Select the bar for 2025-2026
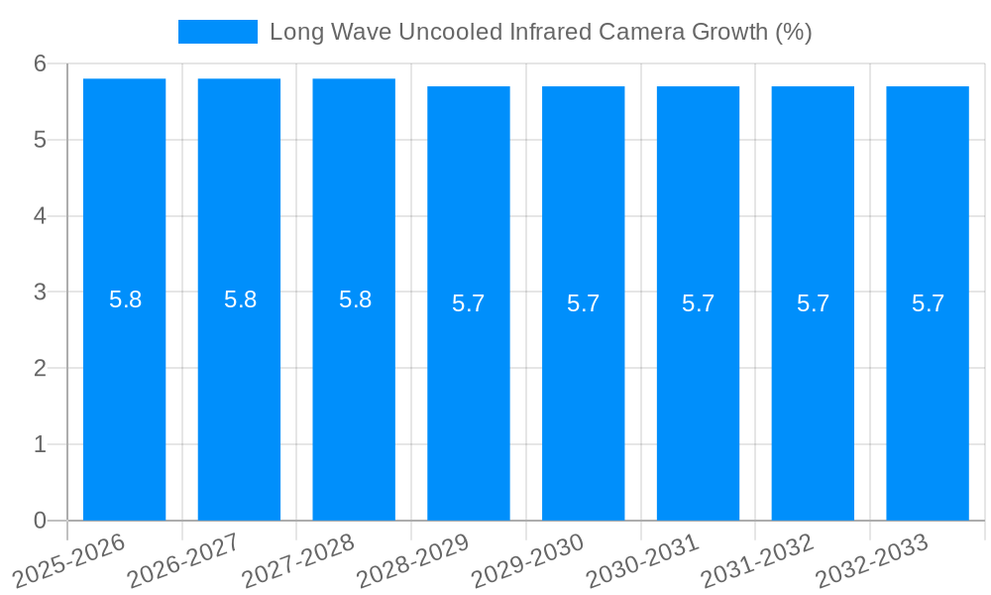[124, 397]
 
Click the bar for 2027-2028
[354, 397]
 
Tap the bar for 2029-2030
[583, 397]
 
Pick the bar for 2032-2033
[928, 397]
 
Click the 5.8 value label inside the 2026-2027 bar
[240, 299]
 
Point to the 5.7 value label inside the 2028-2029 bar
[468, 303]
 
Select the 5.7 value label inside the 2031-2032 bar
[813, 303]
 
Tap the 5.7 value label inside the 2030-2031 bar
[698, 303]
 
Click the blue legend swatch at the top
[217, 32]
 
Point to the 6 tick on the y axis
[40, 63]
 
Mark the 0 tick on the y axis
[40, 521]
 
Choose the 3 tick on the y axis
[40, 293]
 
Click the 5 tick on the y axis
[40, 140]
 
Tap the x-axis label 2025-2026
[70, 559]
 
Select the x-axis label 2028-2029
[414, 559]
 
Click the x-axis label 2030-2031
[644, 559]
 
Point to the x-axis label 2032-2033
[873, 559]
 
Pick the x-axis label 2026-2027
[184, 559]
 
